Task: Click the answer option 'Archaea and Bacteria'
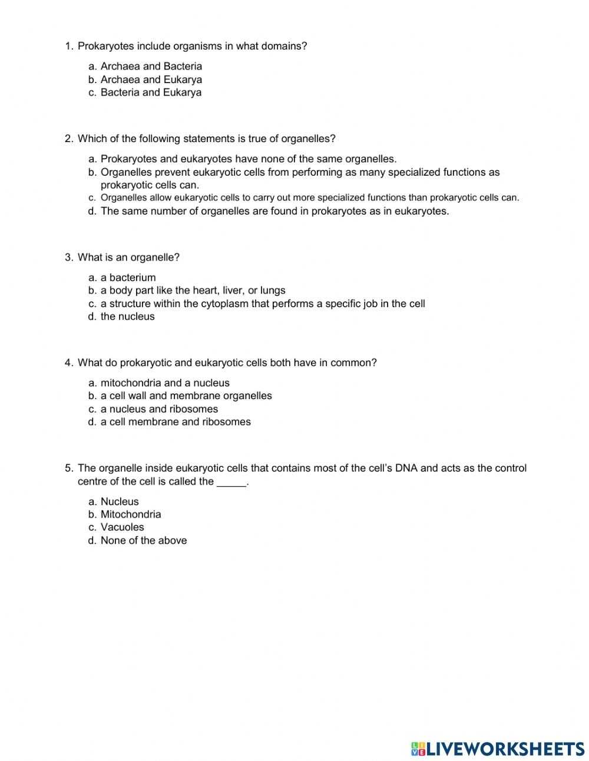point(151,67)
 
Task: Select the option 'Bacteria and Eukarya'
point(151,93)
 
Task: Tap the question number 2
point(69,139)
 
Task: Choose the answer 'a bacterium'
point(128,278)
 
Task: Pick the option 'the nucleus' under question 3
point(127,317)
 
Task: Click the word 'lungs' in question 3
point(273,291)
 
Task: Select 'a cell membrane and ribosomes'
point(176,422)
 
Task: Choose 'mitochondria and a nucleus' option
point(165,383)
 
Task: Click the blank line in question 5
point(231,482)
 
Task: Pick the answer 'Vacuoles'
point(122,528)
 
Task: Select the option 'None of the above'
point(144,541)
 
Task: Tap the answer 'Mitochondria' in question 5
point(131,515)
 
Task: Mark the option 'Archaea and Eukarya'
point(151,80)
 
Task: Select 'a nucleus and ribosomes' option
point(159,409)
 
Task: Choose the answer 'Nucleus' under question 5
point(120,502)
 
